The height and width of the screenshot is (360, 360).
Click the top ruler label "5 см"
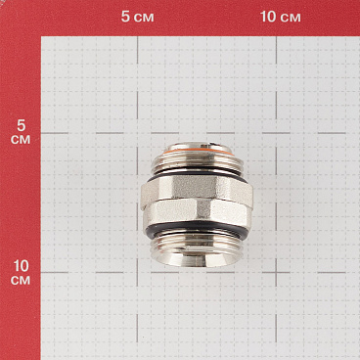[138, 18]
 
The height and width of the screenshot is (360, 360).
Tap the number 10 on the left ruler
[20, 266]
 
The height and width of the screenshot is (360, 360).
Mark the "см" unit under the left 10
[20, 281]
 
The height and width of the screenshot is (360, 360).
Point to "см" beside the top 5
[146, 18]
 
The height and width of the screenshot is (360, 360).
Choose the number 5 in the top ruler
[126, 18]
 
